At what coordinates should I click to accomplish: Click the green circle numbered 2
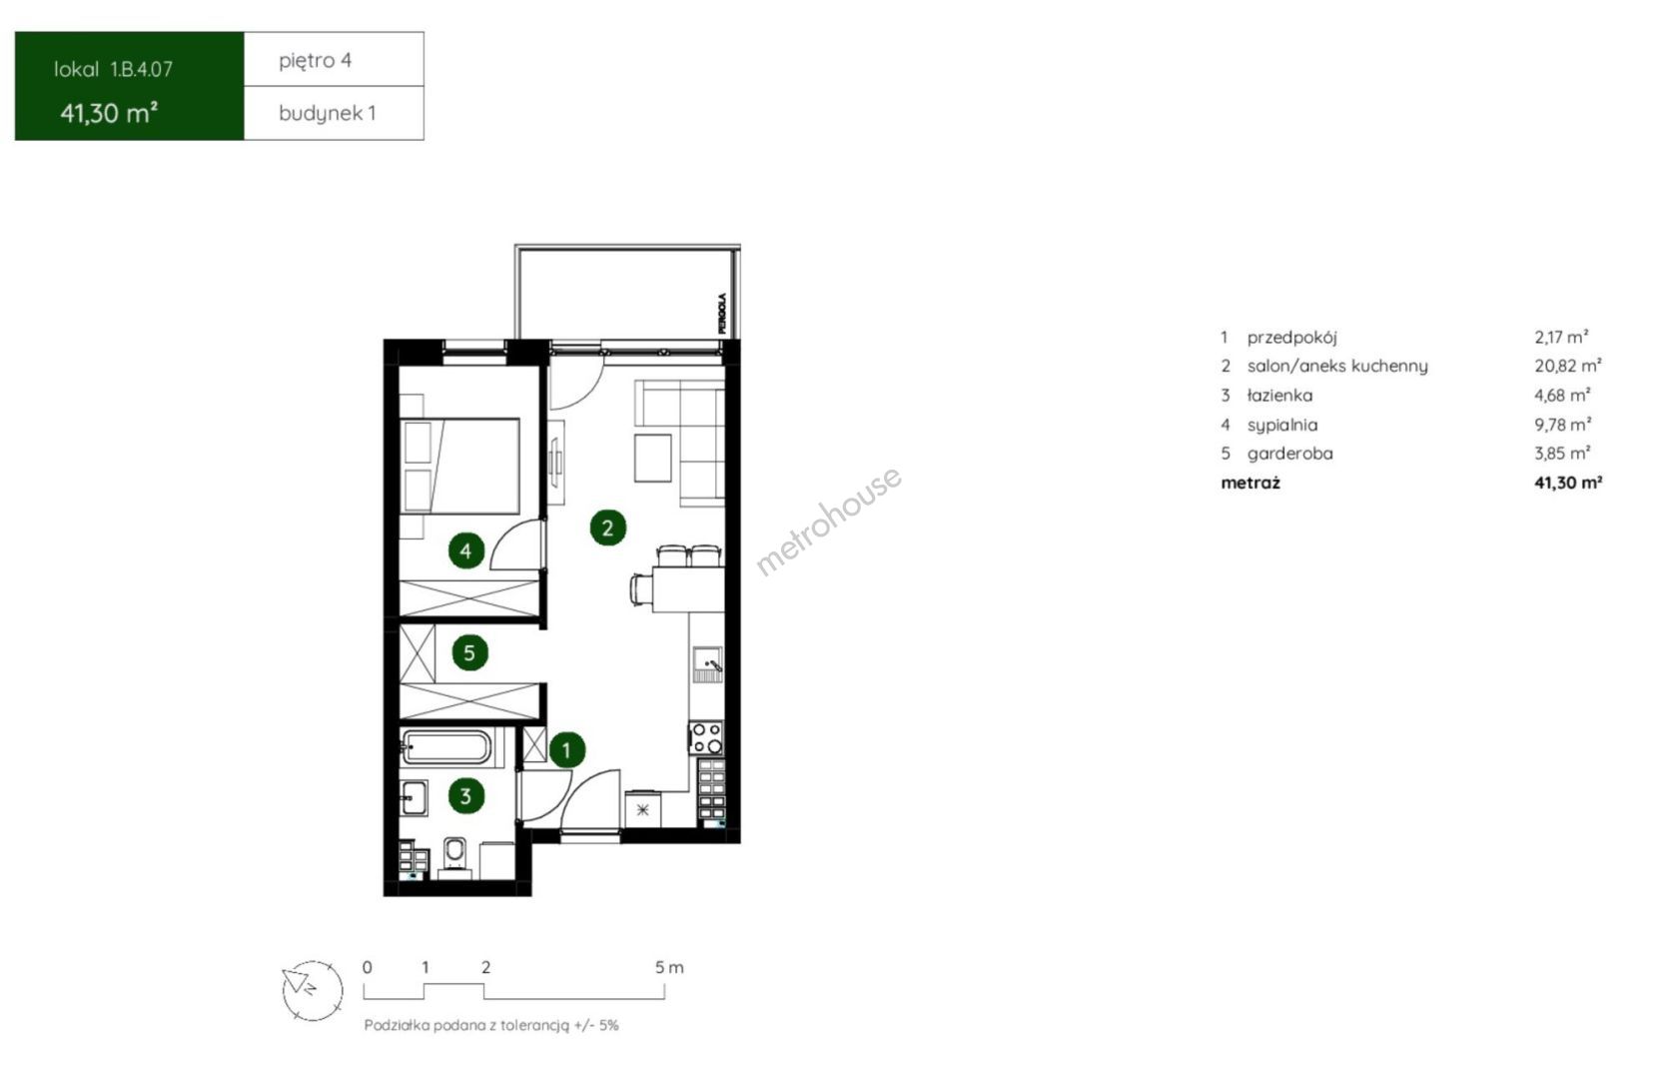tap(607, 528)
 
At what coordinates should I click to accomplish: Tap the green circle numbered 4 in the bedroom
tap(465, 551)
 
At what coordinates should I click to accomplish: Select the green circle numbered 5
tap(469, 653)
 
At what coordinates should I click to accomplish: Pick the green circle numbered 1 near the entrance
tap(567, 750)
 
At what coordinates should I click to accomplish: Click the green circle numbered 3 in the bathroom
tap(466, 796)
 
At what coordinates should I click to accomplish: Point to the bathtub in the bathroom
tap(445, 747)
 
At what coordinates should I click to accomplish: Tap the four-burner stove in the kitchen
tap(705, 737)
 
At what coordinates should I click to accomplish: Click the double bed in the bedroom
tap(459, 467)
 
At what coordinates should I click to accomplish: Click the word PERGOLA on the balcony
tap(722, 313)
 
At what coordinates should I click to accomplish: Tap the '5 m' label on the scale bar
tap(669, 967)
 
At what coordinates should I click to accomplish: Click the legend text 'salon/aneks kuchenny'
tap(1337, 367)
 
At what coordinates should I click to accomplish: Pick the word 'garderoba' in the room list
tap(1289, 454)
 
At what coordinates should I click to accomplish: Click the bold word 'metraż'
tap(1250, 483)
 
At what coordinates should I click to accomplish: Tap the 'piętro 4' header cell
tap(335, 60)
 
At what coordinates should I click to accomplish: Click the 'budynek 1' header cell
tap(335, 113)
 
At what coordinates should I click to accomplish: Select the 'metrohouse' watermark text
tap(828, 521)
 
